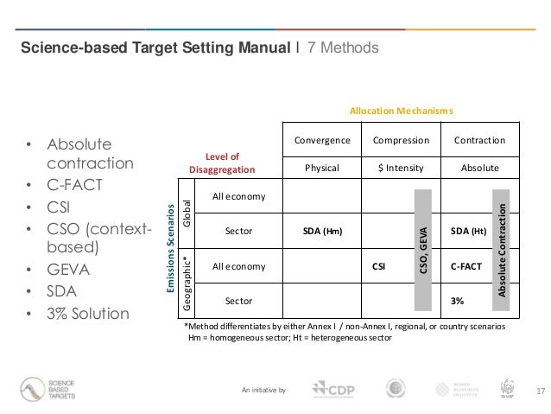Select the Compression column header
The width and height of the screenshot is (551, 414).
click(400, 140)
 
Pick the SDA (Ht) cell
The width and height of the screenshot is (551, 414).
click(467, 231)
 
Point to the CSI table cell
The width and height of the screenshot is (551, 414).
click(378, 267)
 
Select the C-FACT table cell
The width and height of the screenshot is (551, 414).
click(467, 267)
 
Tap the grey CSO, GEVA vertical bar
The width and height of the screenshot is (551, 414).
click(423, 250)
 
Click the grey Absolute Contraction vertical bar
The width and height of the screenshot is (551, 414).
click(506, 250)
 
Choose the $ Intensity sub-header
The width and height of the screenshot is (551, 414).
click(400, 167)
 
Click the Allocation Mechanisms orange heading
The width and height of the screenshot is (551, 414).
click(400, 111)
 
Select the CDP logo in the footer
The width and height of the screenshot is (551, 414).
click(332, 391)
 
